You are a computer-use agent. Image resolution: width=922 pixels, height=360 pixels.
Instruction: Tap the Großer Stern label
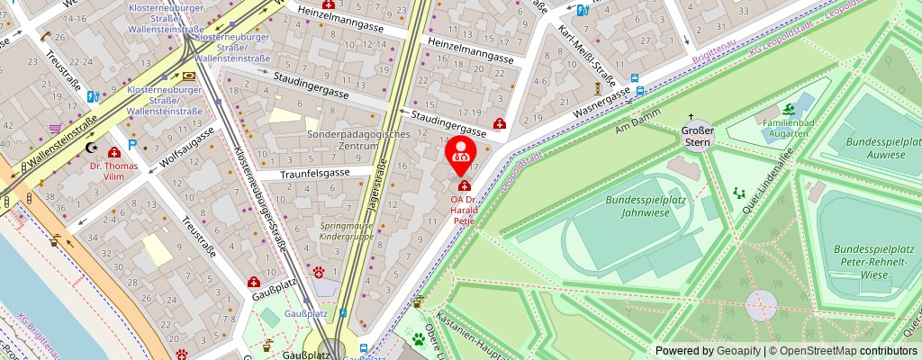[697, 135]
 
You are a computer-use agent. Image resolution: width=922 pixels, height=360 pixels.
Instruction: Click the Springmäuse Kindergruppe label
[347, 230]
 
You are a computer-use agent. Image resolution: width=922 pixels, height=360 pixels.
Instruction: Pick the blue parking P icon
[132, 144]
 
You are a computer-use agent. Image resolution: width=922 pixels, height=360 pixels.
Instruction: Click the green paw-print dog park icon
[419, 339]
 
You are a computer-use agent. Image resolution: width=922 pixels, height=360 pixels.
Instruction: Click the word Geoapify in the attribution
[738, 351]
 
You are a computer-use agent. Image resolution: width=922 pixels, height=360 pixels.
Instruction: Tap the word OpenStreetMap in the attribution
[818, 351]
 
